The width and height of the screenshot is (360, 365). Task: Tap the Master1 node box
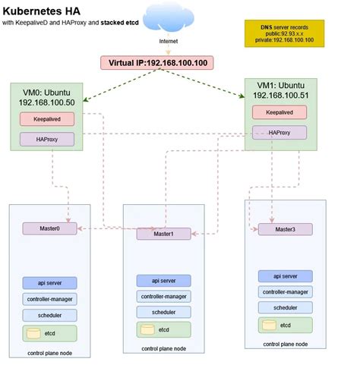tap(164, 234)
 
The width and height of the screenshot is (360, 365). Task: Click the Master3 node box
tap(285, 228)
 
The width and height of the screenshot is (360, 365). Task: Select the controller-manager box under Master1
tap(164, 297)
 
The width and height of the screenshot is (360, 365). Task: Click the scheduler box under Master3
tap(285, 307)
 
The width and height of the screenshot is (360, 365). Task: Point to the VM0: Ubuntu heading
tap(50, 90)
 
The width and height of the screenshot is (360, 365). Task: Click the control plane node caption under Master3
tap(285, 344)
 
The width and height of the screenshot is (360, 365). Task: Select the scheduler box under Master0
tap(49, 313)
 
